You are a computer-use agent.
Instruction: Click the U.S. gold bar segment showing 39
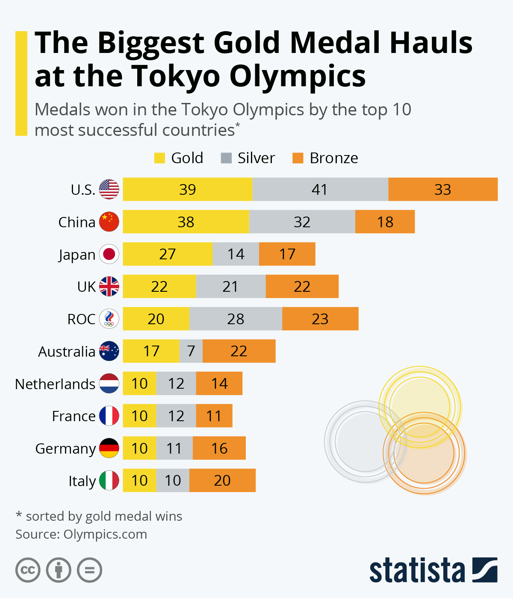click(187, 189)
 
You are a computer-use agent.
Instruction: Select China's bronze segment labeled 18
click(385, 222)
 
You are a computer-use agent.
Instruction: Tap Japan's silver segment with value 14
click(236, 254)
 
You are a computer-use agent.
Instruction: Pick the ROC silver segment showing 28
click(236, 319)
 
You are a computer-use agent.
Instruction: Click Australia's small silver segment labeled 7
click(191, 351)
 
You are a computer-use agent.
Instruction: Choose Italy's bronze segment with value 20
click(222, 481)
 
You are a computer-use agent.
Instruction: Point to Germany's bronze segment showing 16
click(219, 448)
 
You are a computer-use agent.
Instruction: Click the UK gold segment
click(159, 287)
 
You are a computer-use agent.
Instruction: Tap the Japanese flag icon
click(109, 254)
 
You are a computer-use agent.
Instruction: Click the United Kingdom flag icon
click(109, 287)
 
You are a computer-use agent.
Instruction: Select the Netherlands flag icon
click(109, 384)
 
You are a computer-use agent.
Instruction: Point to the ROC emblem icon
click(109, 319)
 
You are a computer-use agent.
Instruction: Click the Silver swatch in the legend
click(226, 158)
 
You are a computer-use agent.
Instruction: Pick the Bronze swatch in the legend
click(298, 158)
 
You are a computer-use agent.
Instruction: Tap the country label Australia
click(67, 352)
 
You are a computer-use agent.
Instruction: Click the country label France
click(74, 416)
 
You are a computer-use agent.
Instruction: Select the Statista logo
click(433, 570)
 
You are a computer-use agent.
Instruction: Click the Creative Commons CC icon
click(28, 570)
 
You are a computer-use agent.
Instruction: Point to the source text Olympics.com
click(105, 534)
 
